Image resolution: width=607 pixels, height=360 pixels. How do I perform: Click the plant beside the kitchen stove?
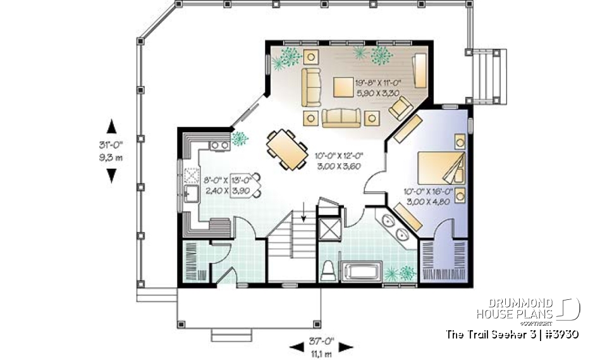240,139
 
